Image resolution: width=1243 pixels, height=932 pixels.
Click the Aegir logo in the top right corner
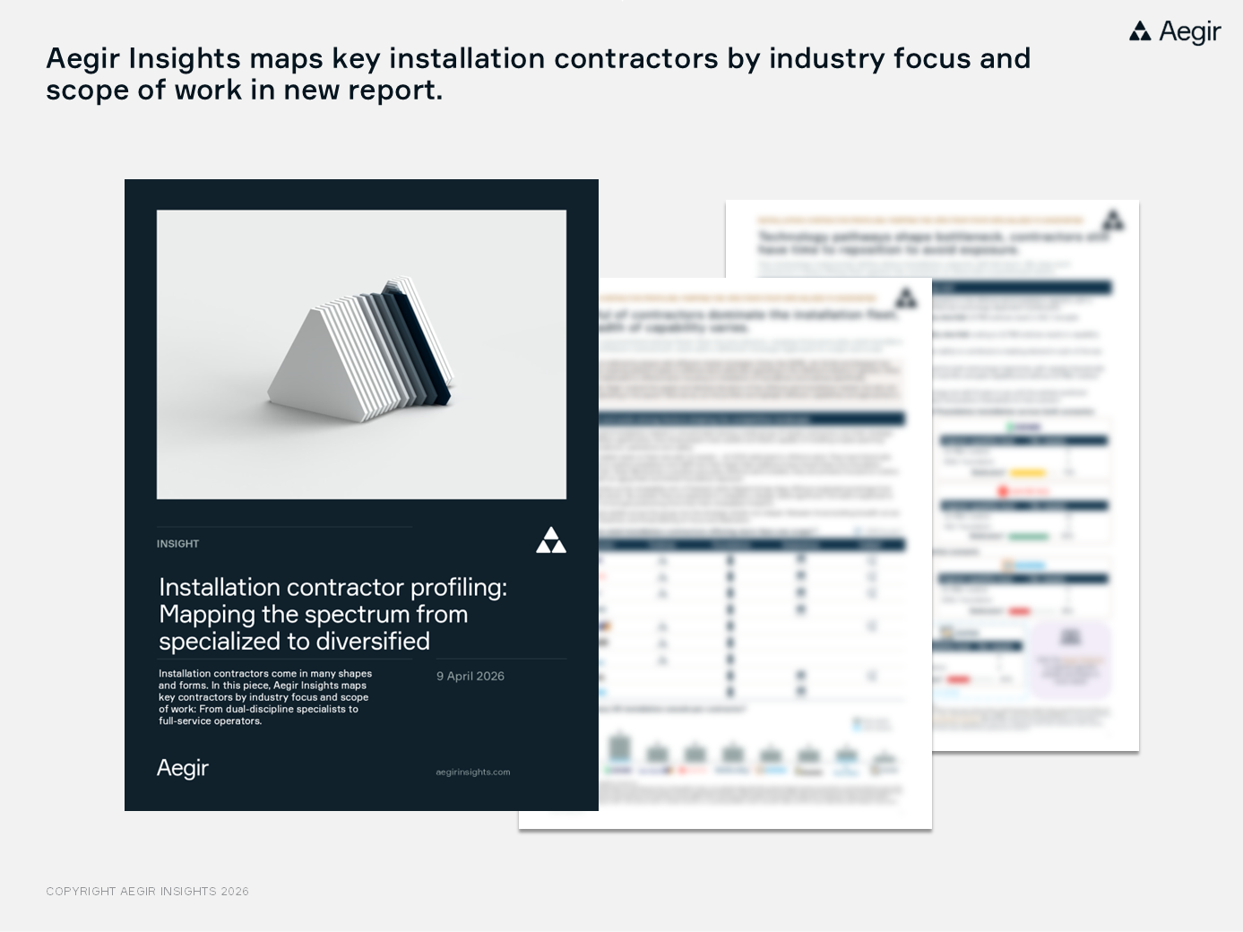tap(1175, 32)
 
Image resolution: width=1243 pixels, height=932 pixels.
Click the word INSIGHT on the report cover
tap(177, 544)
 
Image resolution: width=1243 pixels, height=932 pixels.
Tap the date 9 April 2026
tap(470, 677)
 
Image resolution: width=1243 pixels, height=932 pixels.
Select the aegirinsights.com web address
tap(473, 772)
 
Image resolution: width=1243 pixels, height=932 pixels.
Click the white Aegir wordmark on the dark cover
tap(183, 768)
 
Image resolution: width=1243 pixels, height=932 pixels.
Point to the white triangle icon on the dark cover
tap(551, 540)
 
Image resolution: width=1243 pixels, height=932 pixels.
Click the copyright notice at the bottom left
tap(148, 892)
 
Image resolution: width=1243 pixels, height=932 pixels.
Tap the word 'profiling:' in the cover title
tap(459, 588)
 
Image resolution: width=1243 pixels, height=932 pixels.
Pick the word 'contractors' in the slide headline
tap(635, 59)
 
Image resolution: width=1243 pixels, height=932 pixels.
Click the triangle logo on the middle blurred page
tap(907, 298)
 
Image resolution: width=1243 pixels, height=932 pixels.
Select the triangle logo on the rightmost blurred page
tap(1113, 220)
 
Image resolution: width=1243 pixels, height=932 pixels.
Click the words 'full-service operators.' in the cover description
tap(210, 721)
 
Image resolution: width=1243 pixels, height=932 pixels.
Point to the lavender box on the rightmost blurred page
tap(1071, 659)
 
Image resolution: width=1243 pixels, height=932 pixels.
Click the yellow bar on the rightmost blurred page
tap(1028, 473)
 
